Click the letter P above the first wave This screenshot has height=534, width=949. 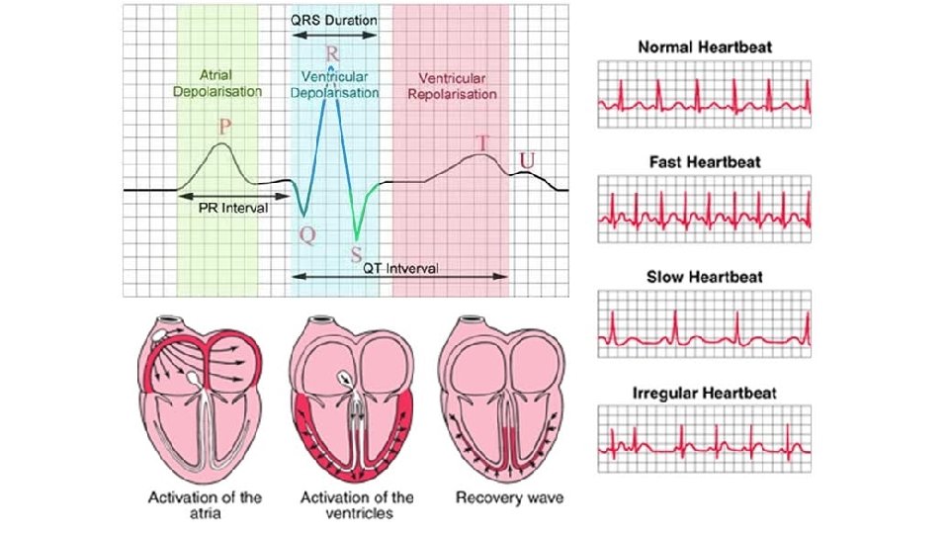pos(226,128)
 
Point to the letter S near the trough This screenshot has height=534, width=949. pos(356,253)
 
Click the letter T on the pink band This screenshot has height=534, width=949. pos(481,143)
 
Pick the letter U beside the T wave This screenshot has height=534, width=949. pos(529,160)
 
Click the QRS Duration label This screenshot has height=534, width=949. pos(334,19)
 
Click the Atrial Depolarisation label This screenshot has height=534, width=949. pos(216,82)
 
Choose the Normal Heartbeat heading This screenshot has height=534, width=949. pos(705,46)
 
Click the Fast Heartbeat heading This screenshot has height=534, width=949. pos(705,161)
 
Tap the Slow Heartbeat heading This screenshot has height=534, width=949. pos(705,277)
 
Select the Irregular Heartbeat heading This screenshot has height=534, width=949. pos(705,393)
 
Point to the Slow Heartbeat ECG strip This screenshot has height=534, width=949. pos(705,323)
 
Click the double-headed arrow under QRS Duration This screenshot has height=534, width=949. pos(334,35)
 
